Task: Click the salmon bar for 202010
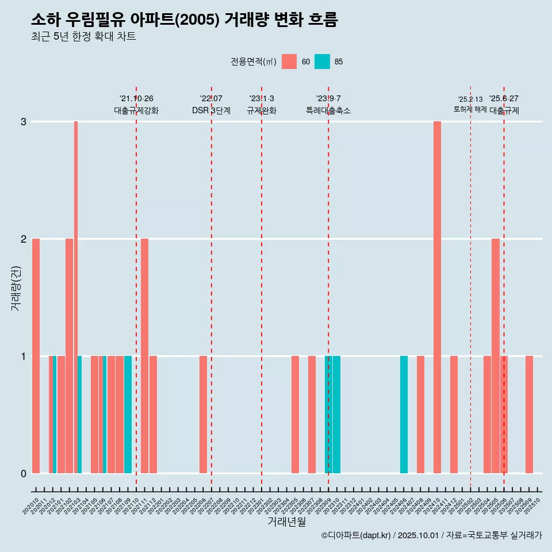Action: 36,355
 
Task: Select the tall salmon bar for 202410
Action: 437,297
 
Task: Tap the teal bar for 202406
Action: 404,414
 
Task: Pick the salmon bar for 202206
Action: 203,414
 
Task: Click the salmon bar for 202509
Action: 529,414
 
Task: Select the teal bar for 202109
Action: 128,414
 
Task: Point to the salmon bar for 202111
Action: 144,355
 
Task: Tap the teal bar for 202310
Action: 336,414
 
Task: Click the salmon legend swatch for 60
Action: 289,62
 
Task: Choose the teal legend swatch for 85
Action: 322,62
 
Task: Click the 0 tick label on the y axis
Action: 24,473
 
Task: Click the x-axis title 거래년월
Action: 286,522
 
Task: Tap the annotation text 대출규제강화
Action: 136,110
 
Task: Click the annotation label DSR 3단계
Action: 211,110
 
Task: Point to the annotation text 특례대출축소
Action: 328,110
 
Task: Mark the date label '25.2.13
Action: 470,99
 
